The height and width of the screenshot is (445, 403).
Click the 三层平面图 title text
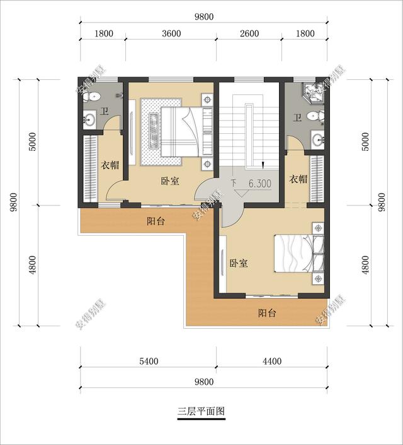point(201,412)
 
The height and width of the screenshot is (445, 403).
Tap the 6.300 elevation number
point(259,184)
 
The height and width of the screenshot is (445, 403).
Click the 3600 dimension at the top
point(171,34)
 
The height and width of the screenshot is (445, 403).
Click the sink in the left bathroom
point(89,119)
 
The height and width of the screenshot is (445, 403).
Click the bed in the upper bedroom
point(181,131)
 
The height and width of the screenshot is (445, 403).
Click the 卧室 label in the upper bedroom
point(169,181)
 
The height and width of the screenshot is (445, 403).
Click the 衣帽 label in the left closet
point(110,165)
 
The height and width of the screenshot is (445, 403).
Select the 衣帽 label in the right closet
point(298,179)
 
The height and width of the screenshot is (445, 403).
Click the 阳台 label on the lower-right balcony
point(267,313)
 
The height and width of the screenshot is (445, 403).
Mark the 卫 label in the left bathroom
point(105,113)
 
